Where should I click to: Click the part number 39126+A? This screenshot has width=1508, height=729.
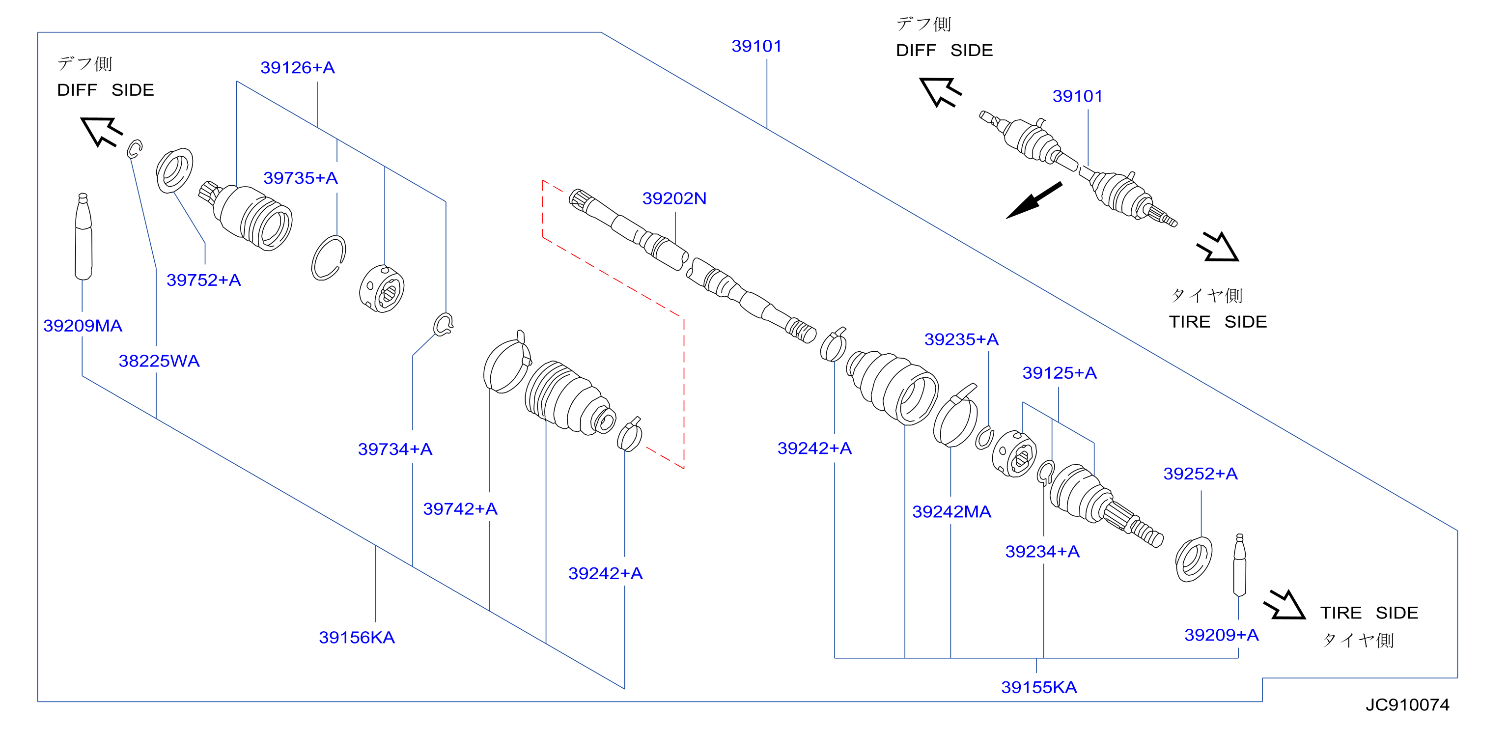coord(297,68)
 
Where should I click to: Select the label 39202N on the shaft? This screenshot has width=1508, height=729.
coord(674,198)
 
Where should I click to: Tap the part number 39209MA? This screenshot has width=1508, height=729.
coord(83,326)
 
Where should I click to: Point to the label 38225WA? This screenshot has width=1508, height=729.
coord(159,361)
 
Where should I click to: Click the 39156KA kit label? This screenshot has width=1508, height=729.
coord(357,637)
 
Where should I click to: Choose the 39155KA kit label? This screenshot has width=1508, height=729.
coord(1039,687)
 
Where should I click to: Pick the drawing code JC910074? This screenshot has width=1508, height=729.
coord(1407,704)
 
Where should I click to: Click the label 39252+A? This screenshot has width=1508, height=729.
coord(1200,474)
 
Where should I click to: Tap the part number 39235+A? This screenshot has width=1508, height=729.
coord(961,339)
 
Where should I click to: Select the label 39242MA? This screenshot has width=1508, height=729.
coord(952,512)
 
